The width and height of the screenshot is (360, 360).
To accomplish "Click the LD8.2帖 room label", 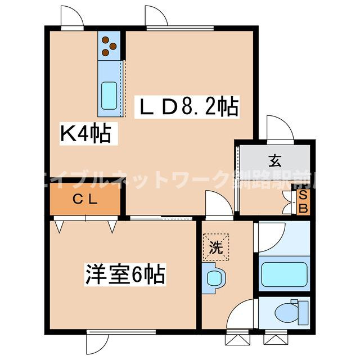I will click(x=188, y=106).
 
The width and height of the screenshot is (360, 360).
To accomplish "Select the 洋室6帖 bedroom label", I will click(x=125, y=275).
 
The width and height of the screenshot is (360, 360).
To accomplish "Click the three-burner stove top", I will click(x=108, y=47).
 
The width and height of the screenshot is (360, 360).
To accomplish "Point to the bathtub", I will click(x=285, y=273).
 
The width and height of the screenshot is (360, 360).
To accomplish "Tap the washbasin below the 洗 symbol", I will click(x=214, y=278).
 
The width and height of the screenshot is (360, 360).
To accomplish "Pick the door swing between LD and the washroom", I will click(x=219, y=204).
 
